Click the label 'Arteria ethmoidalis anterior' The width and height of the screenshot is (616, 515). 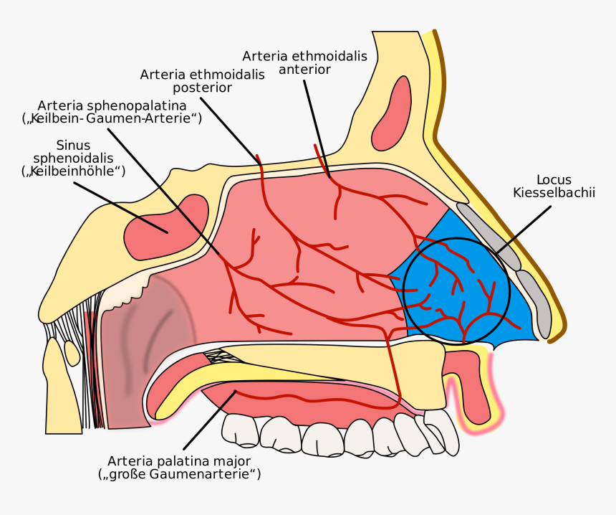(304, 62)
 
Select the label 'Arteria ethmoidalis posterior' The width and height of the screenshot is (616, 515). (202, 80)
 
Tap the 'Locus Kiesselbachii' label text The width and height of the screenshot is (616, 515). (554, 186)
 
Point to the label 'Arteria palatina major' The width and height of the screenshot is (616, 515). (179, 460)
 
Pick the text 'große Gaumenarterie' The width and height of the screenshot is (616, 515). (179, 474)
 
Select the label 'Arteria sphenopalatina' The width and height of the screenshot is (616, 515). (112, 105)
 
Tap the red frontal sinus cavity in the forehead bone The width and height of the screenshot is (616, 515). (392, 114)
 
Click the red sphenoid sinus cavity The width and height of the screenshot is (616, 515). (165, 228)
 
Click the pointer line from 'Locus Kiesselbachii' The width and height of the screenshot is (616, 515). (524, 230)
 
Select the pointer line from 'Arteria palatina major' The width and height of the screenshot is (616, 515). (210, 420)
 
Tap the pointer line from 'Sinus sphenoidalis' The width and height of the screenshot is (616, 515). (121, 207)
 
